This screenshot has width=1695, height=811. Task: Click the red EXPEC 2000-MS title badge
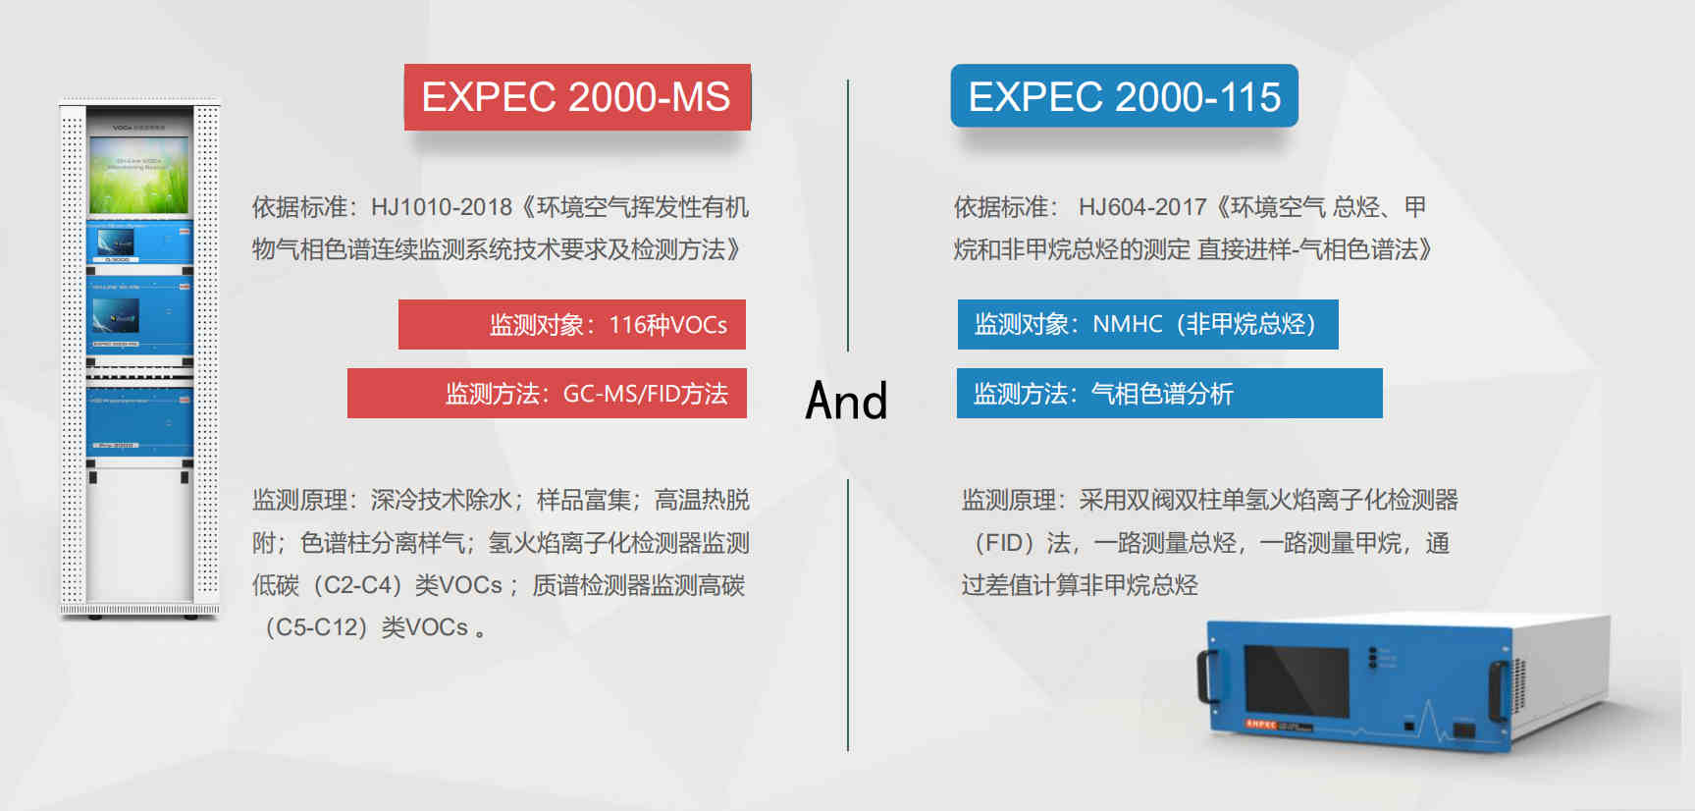[x=577, y=97]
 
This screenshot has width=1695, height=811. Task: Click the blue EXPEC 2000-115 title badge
[x=1124, y=96]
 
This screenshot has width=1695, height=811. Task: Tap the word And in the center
[x=846, y=401]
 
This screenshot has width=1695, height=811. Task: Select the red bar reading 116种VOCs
[x=572, y=324]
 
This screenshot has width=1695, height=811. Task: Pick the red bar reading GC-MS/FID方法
[x=547, y=393]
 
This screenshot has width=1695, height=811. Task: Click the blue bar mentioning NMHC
[x=1147, y=324]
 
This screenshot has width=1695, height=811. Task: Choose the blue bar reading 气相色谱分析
[x=1169, y=393]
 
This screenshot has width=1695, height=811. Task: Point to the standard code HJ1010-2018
[x=442, y=207]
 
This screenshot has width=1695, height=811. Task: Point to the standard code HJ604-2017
[x=1142, y=207]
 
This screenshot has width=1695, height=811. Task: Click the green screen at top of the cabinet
[x=138, y=175]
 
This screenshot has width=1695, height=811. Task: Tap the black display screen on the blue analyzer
[x=1297, y=683]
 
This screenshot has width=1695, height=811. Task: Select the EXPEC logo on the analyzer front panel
[x=1261, y=724]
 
